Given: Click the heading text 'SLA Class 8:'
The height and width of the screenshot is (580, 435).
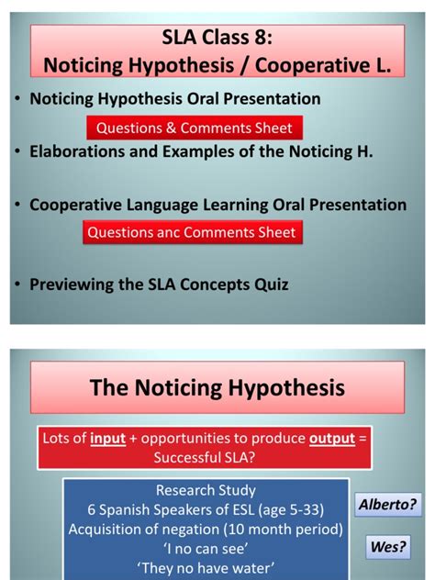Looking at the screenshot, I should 217,39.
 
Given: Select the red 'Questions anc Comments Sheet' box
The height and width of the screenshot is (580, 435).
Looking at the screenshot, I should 191,232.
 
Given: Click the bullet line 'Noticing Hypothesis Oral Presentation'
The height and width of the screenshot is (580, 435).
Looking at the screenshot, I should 175,98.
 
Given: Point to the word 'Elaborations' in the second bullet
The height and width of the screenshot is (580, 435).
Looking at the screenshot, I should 75,153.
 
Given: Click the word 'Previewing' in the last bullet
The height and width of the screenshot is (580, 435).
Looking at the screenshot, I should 72,284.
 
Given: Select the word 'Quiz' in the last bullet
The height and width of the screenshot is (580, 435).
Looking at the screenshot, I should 273,284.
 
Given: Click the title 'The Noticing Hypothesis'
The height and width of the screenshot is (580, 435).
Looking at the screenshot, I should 217,388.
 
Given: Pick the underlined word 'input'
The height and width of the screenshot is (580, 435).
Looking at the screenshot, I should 107,439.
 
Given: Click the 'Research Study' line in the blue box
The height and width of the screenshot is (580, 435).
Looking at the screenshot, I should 205,490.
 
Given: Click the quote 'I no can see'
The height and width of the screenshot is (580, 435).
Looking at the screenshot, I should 205,548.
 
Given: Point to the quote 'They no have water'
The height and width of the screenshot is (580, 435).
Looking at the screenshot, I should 205,567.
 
